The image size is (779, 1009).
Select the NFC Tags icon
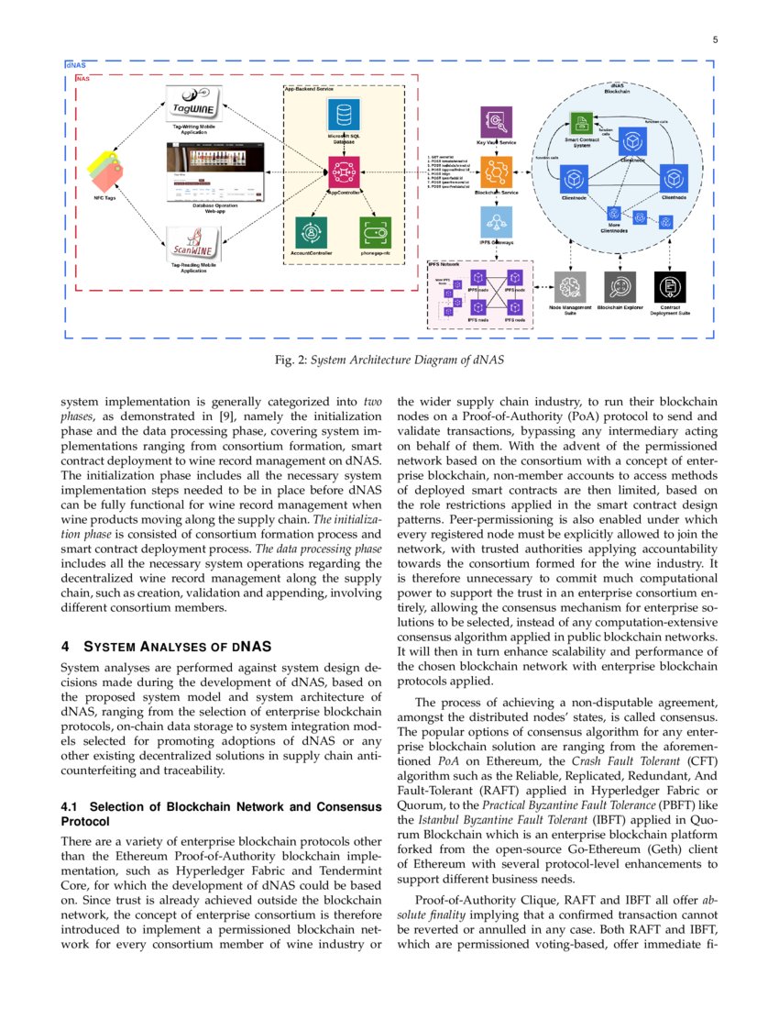[105, 170]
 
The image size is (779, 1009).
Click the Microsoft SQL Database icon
[344, 116]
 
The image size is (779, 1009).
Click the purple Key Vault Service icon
[496, 122]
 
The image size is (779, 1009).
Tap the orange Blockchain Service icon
[496, 172]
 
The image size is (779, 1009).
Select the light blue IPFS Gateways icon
[496, 223]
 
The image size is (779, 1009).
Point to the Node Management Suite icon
[570, 287]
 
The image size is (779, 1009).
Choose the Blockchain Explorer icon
[620, 287]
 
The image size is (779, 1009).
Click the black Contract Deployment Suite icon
[670, 287]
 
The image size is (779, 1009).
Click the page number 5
[715, 39]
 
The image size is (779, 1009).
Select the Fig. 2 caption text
[389, 360]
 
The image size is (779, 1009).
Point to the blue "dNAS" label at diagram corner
[75, 66]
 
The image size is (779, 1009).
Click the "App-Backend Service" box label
[308, 89]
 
